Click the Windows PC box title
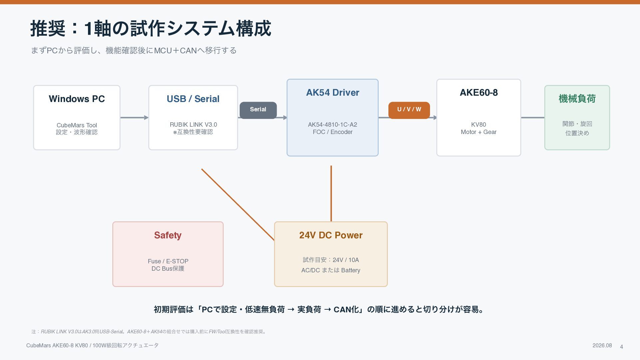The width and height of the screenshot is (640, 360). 77,99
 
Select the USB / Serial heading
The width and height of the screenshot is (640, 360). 193,99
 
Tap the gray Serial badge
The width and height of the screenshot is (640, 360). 258,110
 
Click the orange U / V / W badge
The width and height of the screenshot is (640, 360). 409,110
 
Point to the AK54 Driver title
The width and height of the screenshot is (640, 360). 333,93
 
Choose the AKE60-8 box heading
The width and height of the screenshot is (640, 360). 479,93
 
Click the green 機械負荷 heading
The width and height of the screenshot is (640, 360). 577,99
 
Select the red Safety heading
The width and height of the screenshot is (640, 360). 168,235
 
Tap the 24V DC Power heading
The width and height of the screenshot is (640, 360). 331,235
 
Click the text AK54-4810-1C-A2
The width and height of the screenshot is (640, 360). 332,125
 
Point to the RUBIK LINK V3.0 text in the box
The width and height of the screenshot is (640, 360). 193,125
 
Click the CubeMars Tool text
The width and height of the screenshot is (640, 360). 77,125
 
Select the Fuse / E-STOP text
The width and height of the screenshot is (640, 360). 168,261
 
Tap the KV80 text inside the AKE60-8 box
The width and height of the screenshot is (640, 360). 479,125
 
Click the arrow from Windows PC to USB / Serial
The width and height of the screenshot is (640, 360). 134,117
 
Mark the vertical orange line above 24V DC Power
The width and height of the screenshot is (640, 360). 331,193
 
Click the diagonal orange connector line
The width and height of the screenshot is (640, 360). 238,204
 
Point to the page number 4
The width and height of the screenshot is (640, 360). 621,347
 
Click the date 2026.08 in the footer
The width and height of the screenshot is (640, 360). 602,346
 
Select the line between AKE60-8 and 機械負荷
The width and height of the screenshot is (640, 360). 533,117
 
